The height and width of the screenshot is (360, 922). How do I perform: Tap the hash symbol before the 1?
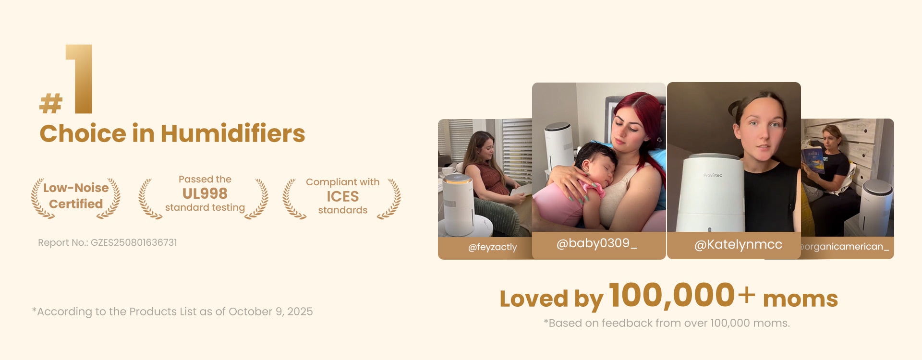(51, 104)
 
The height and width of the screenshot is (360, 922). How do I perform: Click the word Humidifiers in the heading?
(233, 133)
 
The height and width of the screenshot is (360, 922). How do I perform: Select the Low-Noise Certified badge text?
(76, 196)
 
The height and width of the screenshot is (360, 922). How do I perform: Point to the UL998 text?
(205, 193)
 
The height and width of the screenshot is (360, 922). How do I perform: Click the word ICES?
(343, 196)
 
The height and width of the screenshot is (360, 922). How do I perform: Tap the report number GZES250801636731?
(134, 242)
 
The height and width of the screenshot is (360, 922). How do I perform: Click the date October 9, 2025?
(271, 312)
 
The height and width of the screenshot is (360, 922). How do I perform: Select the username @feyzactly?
(493, 247)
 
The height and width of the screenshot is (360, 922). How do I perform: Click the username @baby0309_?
(597, 244)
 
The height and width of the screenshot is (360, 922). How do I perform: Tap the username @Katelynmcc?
(739, 245)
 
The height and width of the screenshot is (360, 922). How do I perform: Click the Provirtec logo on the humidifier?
(713, 175)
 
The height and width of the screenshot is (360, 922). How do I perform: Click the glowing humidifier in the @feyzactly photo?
(459, 205)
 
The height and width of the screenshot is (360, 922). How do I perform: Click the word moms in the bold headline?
(801, 299)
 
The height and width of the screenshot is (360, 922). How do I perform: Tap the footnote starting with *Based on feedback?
(667, 323)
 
